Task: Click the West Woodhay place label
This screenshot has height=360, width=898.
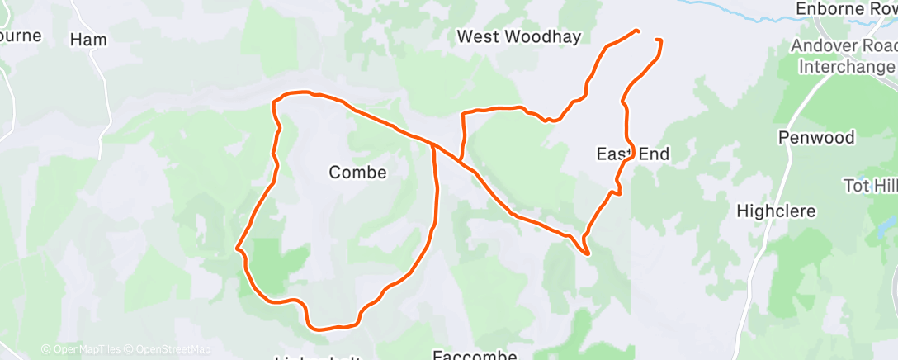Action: click(519, 36)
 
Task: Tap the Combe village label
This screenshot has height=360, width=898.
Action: click(357, 172)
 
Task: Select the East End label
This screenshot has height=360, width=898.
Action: click(633, 154)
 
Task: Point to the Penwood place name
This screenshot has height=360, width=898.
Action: click(816, 137)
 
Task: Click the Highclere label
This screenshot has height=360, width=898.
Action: click(775, 211)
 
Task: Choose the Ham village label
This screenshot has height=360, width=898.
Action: click(88, 39)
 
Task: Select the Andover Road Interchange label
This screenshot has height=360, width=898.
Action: click(842, 55)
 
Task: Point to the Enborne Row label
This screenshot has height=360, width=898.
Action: click(845, 8)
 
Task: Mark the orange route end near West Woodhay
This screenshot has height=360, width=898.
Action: click(638, 31)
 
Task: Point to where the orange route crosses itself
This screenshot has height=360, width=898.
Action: click(432, 144)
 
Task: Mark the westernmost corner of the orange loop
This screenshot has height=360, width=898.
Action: click(238, 247)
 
